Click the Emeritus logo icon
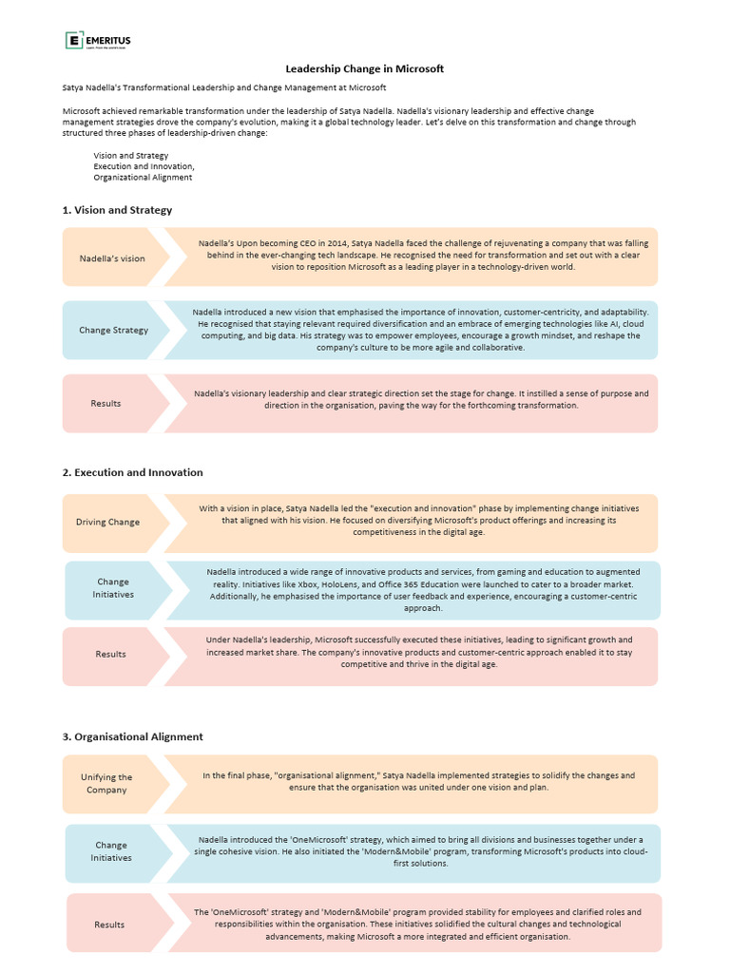point(73,40)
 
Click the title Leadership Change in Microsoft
point(365,68)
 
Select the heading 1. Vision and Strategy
point(117,210)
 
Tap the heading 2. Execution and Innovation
point(132,472)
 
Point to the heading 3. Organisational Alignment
point(132,736)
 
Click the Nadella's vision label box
point(112,258)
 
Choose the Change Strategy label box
point(113,331)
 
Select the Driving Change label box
point(107,523)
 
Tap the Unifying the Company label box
point(106,784)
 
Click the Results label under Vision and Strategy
point(106,404)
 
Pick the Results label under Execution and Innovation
point(110,655)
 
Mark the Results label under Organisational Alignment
point(109,925)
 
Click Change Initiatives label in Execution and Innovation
point(113,588)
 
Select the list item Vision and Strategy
point(130,155)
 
